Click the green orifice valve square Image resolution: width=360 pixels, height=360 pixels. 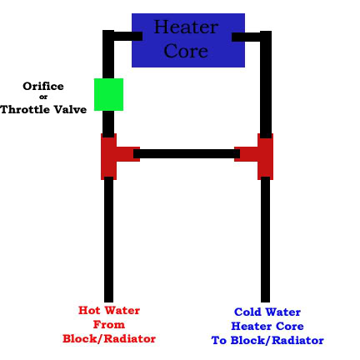coord(108,94)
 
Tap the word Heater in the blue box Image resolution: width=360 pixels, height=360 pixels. coord(186,27)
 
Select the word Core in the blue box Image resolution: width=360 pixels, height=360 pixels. coord(186,51)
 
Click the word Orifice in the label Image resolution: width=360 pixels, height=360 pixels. coord(43,86)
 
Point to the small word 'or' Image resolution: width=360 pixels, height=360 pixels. coord(43,97)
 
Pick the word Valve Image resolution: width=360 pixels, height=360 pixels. coord(70,109)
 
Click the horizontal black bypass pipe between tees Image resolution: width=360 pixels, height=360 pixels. coord(187,153)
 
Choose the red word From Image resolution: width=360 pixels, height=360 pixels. coord(109,324)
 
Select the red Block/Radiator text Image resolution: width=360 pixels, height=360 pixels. coord(109,338)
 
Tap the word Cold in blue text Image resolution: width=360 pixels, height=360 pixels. coord(247,312)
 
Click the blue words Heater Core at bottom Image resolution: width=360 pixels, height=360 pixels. coord(267,326)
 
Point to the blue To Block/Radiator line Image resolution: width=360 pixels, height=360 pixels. coord(267,340)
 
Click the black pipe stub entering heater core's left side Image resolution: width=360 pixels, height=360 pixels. coord(128,36)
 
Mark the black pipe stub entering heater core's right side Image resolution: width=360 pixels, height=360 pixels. coord(246,37)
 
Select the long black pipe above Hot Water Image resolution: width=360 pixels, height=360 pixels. coord(108,239)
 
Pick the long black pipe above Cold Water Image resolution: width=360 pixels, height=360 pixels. coord(265,239)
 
